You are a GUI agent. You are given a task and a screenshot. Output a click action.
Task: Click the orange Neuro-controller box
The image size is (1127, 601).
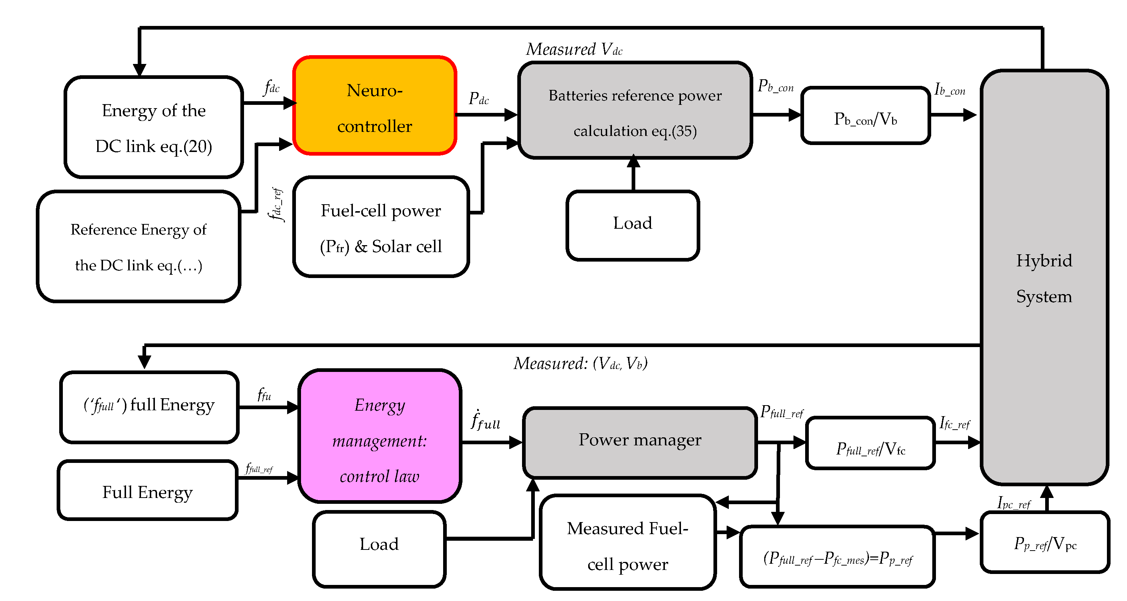(x=374, y=106)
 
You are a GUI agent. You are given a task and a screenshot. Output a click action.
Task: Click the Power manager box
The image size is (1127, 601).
(x=639, y=442)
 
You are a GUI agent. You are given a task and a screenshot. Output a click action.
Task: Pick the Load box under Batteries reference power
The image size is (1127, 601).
(x=632, y=225)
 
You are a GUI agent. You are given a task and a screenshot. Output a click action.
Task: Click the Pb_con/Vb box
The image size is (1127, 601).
(x=865, y=115)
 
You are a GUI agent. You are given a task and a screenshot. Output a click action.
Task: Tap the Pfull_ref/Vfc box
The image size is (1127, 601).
(x=870, y=443)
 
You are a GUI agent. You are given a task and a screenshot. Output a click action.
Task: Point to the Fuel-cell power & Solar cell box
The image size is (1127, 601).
(x=381, y=227)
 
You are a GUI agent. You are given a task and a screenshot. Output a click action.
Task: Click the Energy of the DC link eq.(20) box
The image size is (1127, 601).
(x=153, y=127)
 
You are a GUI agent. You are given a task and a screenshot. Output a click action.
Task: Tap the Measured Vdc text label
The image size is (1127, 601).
(x=574, y=49)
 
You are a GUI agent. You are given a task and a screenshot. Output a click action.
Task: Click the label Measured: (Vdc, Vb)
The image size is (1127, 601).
(x=580, y=364)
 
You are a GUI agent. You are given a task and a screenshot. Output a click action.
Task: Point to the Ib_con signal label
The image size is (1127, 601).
(x=949, y=89)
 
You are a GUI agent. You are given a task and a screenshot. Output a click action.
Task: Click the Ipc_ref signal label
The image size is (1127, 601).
(x=1013, y=503)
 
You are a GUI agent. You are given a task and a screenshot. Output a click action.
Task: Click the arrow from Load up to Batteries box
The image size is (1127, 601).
(x=633, y=173)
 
